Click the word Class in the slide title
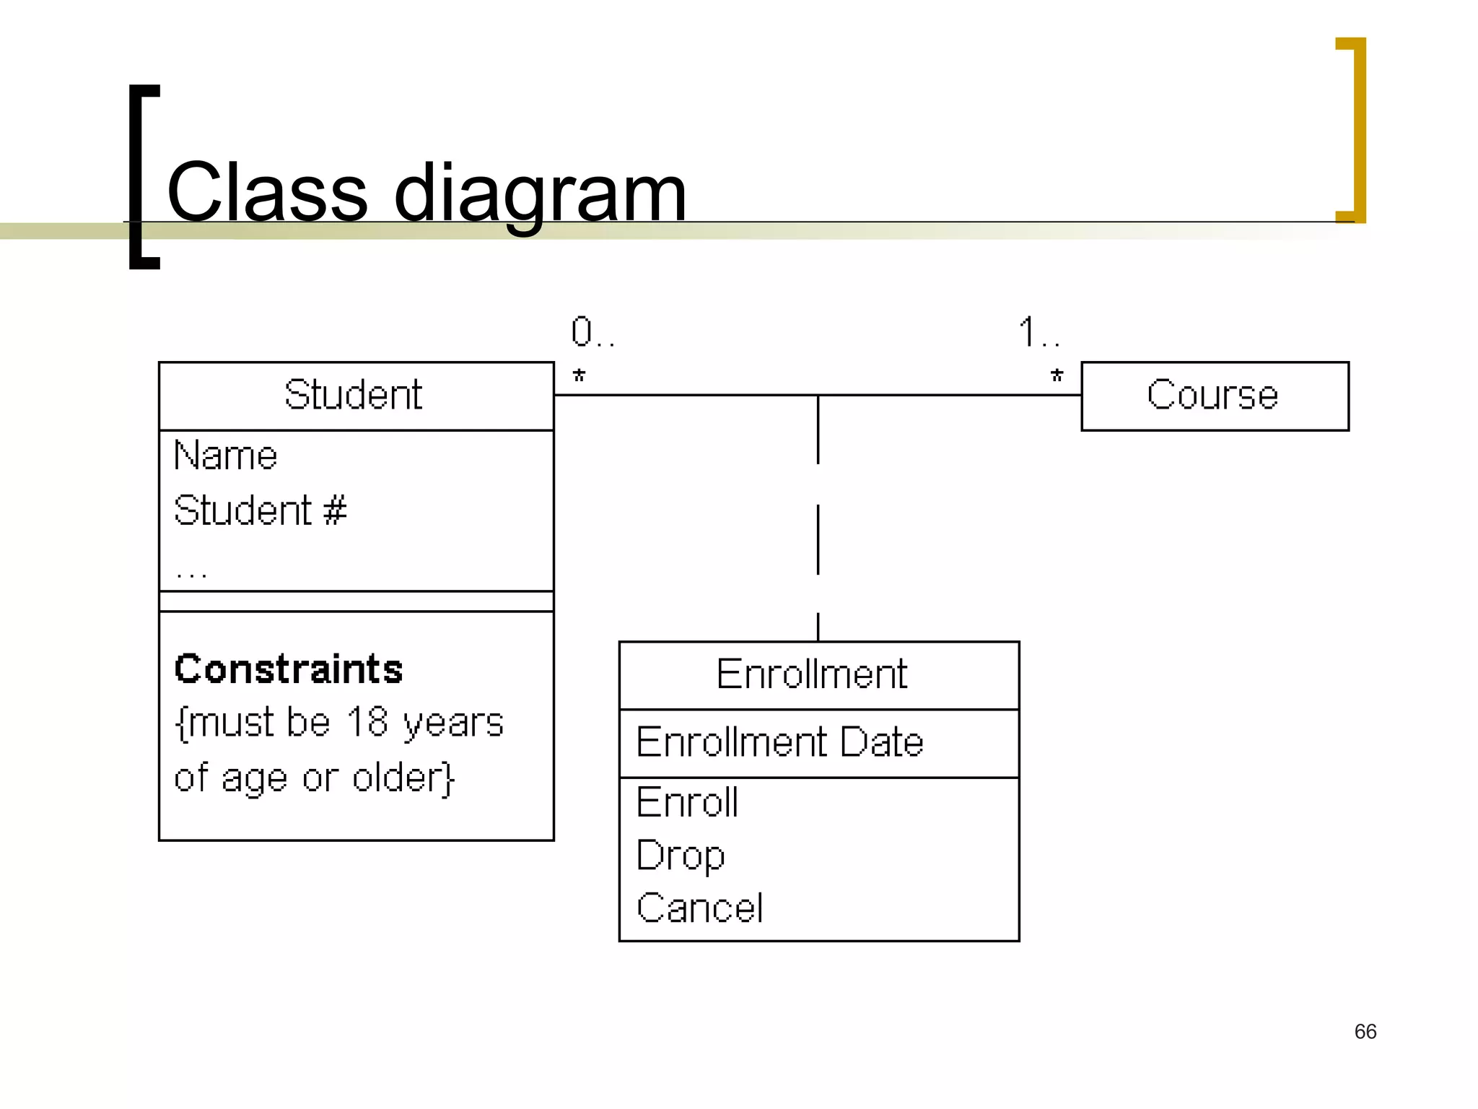coord(267,193)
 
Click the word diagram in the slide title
coord(540,193)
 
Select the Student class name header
coord(353,395)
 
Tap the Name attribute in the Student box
coord(225,456)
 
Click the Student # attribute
coord(260,510)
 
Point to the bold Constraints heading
coord(288,669)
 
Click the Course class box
coord(1213,396)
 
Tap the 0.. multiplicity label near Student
coord(592,333)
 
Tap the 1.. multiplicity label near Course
coord(1038,333)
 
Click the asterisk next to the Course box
coord(1057,376)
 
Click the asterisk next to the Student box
coord(579,376)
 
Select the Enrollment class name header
coord(811,674)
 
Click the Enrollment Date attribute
coord(779,742)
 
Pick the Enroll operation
coord(687,802)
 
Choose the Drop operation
coord(680,856)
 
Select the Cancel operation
coord(699,908)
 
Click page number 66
coord(1365,1031)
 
